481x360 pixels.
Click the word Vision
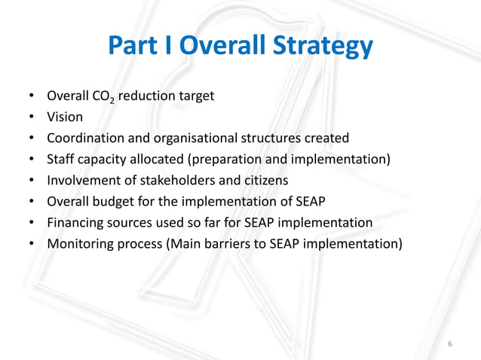point(65,117)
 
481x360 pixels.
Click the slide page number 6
point(450,344)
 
